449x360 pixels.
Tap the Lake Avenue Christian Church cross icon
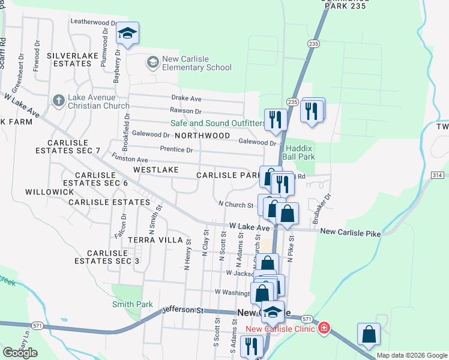click(x=58, y=100)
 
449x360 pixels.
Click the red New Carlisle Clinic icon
click(x=324, y=328)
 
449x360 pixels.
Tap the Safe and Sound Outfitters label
click(x=218, y=123)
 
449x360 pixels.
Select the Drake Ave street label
click(x=186, y=98)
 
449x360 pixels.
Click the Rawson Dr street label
click(x=185, y=111)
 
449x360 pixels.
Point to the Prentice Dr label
click(x=176, y=149)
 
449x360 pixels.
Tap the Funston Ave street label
click(x=130, y=160)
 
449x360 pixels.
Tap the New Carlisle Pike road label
click(x=351, y=232)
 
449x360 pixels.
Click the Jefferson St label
click(x=184, y=310)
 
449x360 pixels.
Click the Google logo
click(x=20, y=353)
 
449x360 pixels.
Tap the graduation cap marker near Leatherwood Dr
click(x=127, y=34)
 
